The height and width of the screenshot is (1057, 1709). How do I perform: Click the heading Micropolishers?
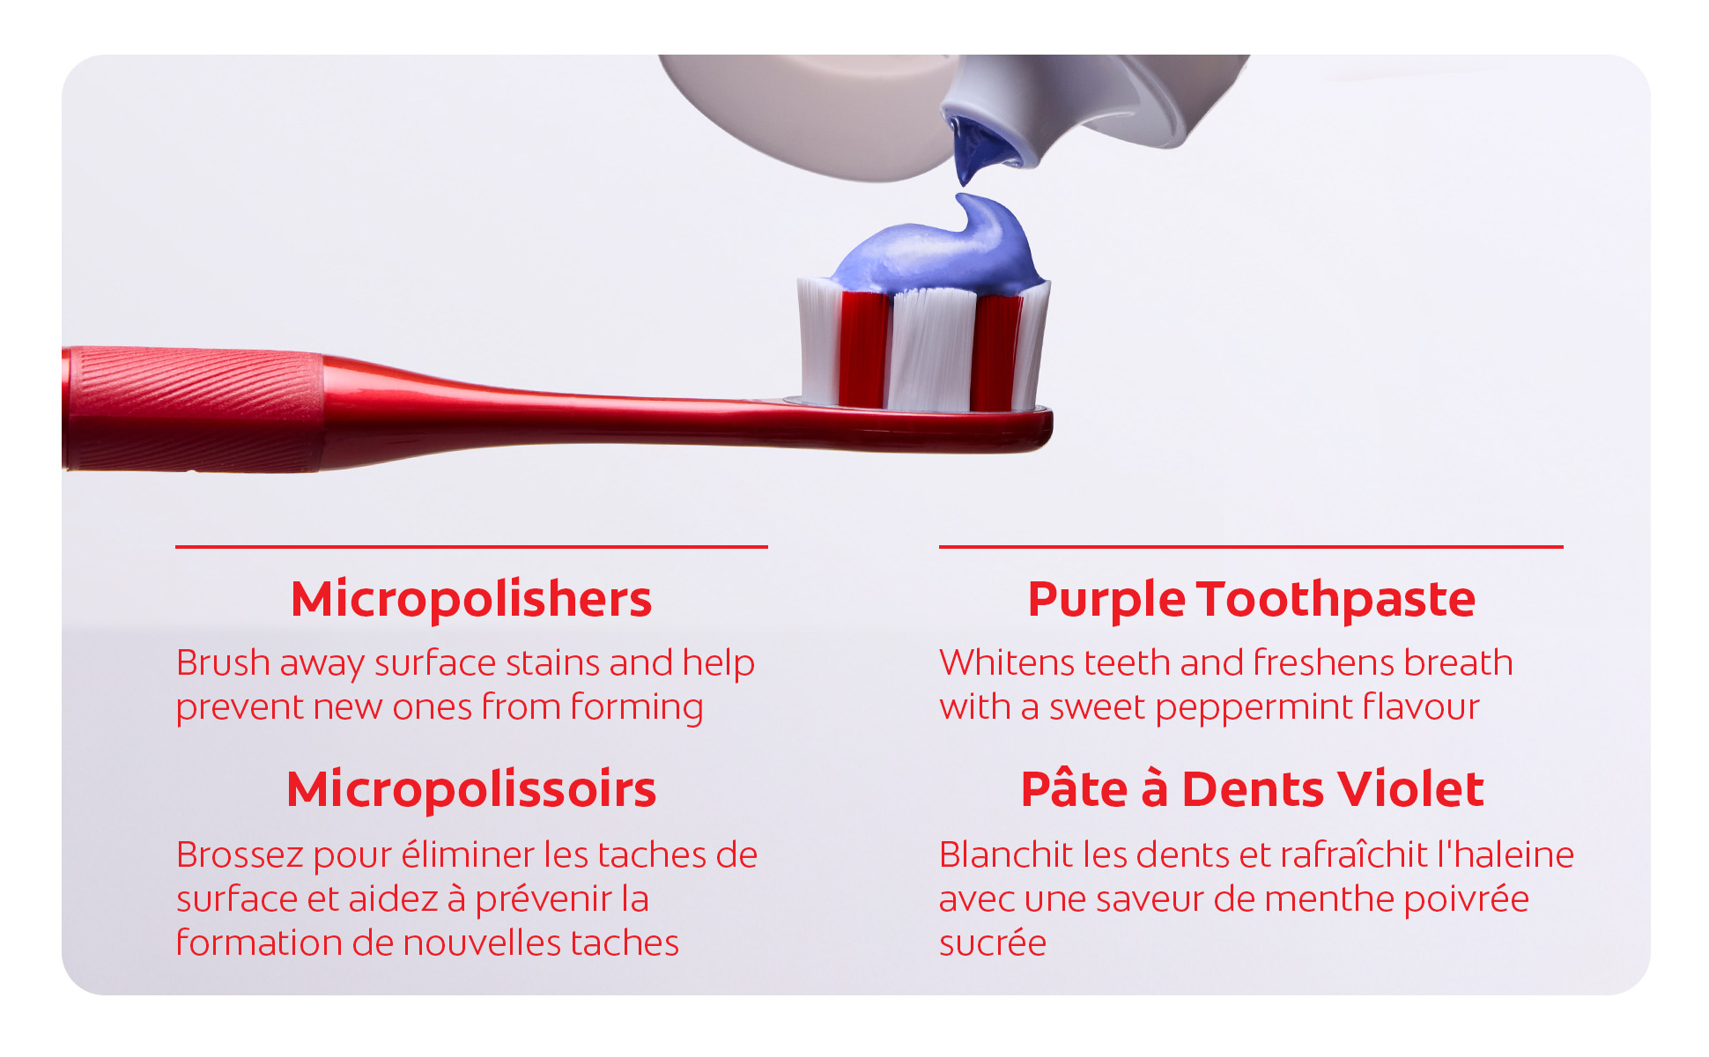point(471,600)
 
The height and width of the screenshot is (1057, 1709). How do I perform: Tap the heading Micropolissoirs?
point(471,789)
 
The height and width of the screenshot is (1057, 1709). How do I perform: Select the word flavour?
point(1421,706)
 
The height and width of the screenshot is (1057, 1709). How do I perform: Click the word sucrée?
point(993,942)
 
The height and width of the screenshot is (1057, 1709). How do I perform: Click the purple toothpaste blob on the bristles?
point(943,244)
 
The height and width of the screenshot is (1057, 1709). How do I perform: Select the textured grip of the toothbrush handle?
point(193,409)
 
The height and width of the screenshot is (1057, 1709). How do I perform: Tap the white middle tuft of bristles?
point(932,349)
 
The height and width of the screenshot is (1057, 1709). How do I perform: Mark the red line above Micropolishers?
point(471,547)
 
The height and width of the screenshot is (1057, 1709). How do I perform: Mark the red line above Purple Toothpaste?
point(1251,547)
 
